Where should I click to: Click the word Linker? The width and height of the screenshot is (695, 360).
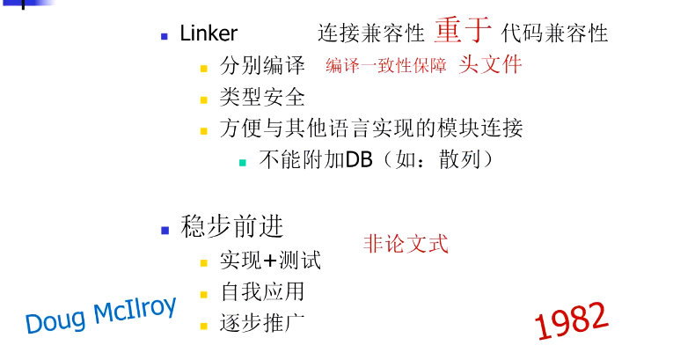[x=208, y=33]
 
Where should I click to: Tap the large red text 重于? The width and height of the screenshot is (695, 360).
[x=463, y=30]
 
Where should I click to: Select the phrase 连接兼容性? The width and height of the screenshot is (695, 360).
[x=371, y=33]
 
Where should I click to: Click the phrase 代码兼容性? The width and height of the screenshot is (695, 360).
[x=554, y=33]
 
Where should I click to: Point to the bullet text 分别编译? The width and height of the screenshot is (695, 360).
[x=262, y=66]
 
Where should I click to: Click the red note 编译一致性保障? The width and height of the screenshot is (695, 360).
[x=385, y=66]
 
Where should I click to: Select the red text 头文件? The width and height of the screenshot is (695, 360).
[x=491, y=65]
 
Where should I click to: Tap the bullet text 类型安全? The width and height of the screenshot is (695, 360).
[x=262, y=97]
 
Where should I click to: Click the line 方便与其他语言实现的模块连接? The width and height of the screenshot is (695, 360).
[x=371, y=129]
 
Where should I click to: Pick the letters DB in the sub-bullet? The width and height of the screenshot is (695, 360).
[x=359, y=159]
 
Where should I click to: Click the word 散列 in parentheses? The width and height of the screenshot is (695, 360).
[x=459, y=159]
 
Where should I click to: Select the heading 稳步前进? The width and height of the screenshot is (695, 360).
[x=232, y=226]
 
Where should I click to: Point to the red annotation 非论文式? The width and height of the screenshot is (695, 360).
[x=406, y=244]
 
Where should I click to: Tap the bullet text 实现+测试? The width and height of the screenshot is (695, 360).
[x=270, y=261]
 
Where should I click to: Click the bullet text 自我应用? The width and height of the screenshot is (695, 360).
[x=262, y=291]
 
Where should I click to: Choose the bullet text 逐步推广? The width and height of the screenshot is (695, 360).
[x=262, y=323]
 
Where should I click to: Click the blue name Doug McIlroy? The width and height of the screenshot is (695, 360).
[x=101, y=314]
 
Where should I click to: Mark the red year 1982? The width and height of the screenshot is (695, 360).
[x=571, y=321]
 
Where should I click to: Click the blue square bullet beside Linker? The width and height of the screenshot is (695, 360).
[x=165, y=36]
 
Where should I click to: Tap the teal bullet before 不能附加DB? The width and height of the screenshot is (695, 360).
[x=243, y=163]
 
